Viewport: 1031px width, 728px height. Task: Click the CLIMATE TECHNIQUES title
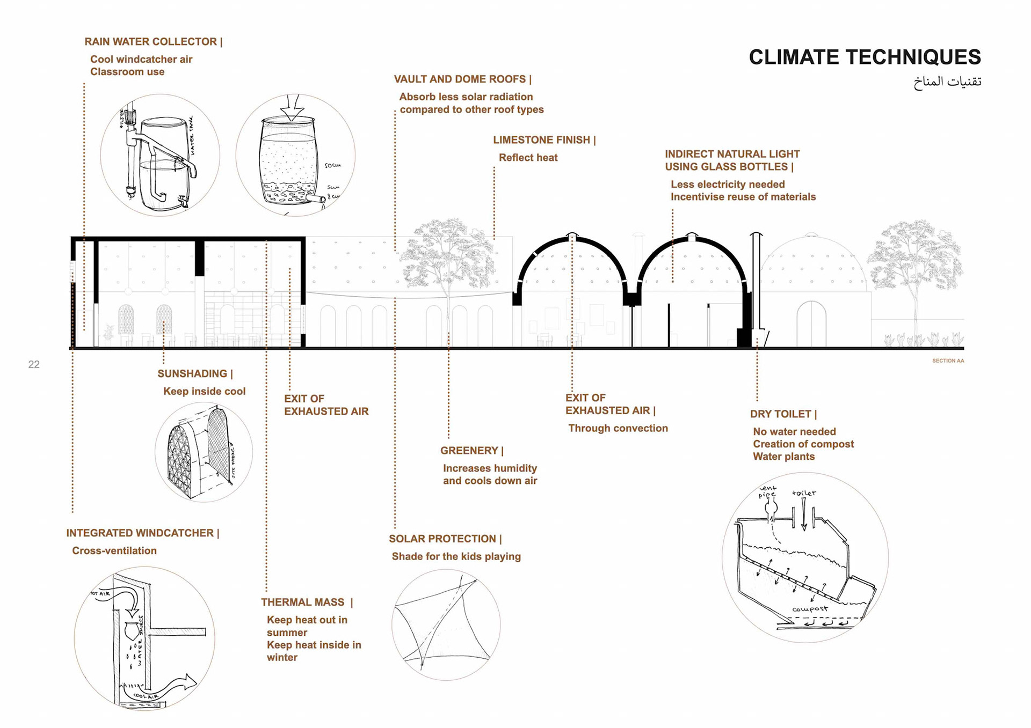[865, 57]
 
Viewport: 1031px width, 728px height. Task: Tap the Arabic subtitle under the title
[947, 82]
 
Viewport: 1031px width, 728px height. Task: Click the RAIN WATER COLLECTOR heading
[153, 42]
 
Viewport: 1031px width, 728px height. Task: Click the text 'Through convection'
[618, 428]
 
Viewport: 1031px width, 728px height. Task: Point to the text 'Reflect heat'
[528, 158]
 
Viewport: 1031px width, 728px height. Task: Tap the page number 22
[34, 365]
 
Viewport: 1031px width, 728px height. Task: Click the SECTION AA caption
[948, 361]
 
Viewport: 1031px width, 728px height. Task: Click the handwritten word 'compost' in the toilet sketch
[810, 609]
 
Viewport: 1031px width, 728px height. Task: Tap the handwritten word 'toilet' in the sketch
[804, 493]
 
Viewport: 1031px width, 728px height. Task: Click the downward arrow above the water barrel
[292, 107]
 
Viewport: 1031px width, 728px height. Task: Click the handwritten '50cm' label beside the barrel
[333, 165]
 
